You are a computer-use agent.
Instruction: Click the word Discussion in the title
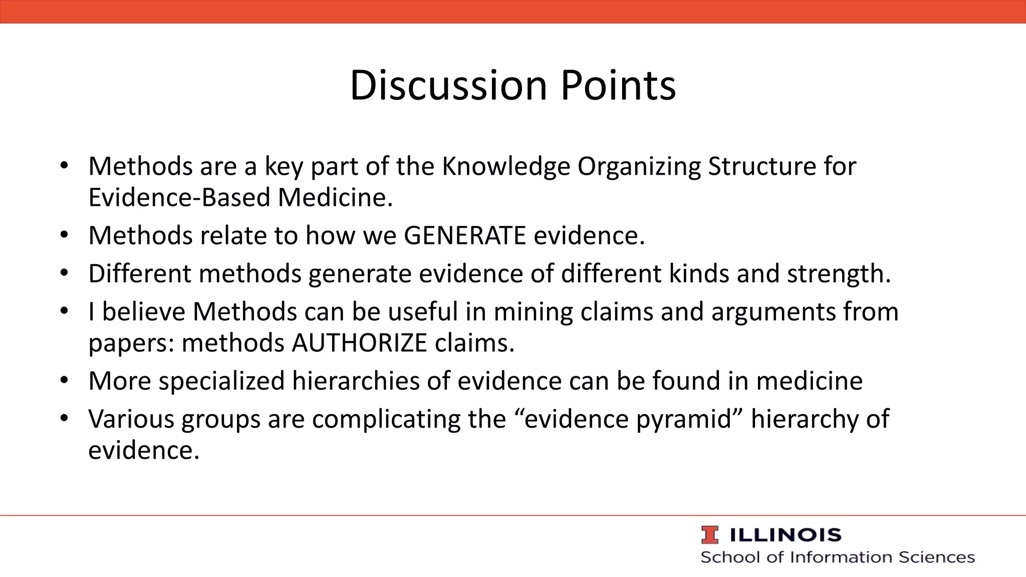tap(448, 85)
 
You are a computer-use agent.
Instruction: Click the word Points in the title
tap(618, 85)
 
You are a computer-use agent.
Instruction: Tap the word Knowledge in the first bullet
tap(505, 166)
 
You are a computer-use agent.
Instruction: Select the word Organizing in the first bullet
tap(639, 166)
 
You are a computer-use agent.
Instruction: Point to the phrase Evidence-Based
tap(180, 197)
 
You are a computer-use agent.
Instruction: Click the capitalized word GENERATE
tap(465, 235)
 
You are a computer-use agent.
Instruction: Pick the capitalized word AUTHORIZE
tap(359, 343)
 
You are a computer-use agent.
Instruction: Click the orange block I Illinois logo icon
tap(709, 535)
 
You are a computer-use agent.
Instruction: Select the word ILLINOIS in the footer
tap(785, 535)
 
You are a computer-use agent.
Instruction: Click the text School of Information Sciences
tap(837, 557)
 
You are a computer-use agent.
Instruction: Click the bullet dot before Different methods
tap(63, 273)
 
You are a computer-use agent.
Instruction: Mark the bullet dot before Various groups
tap(63, 418)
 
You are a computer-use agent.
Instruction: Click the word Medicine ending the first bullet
tap(335, 197)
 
